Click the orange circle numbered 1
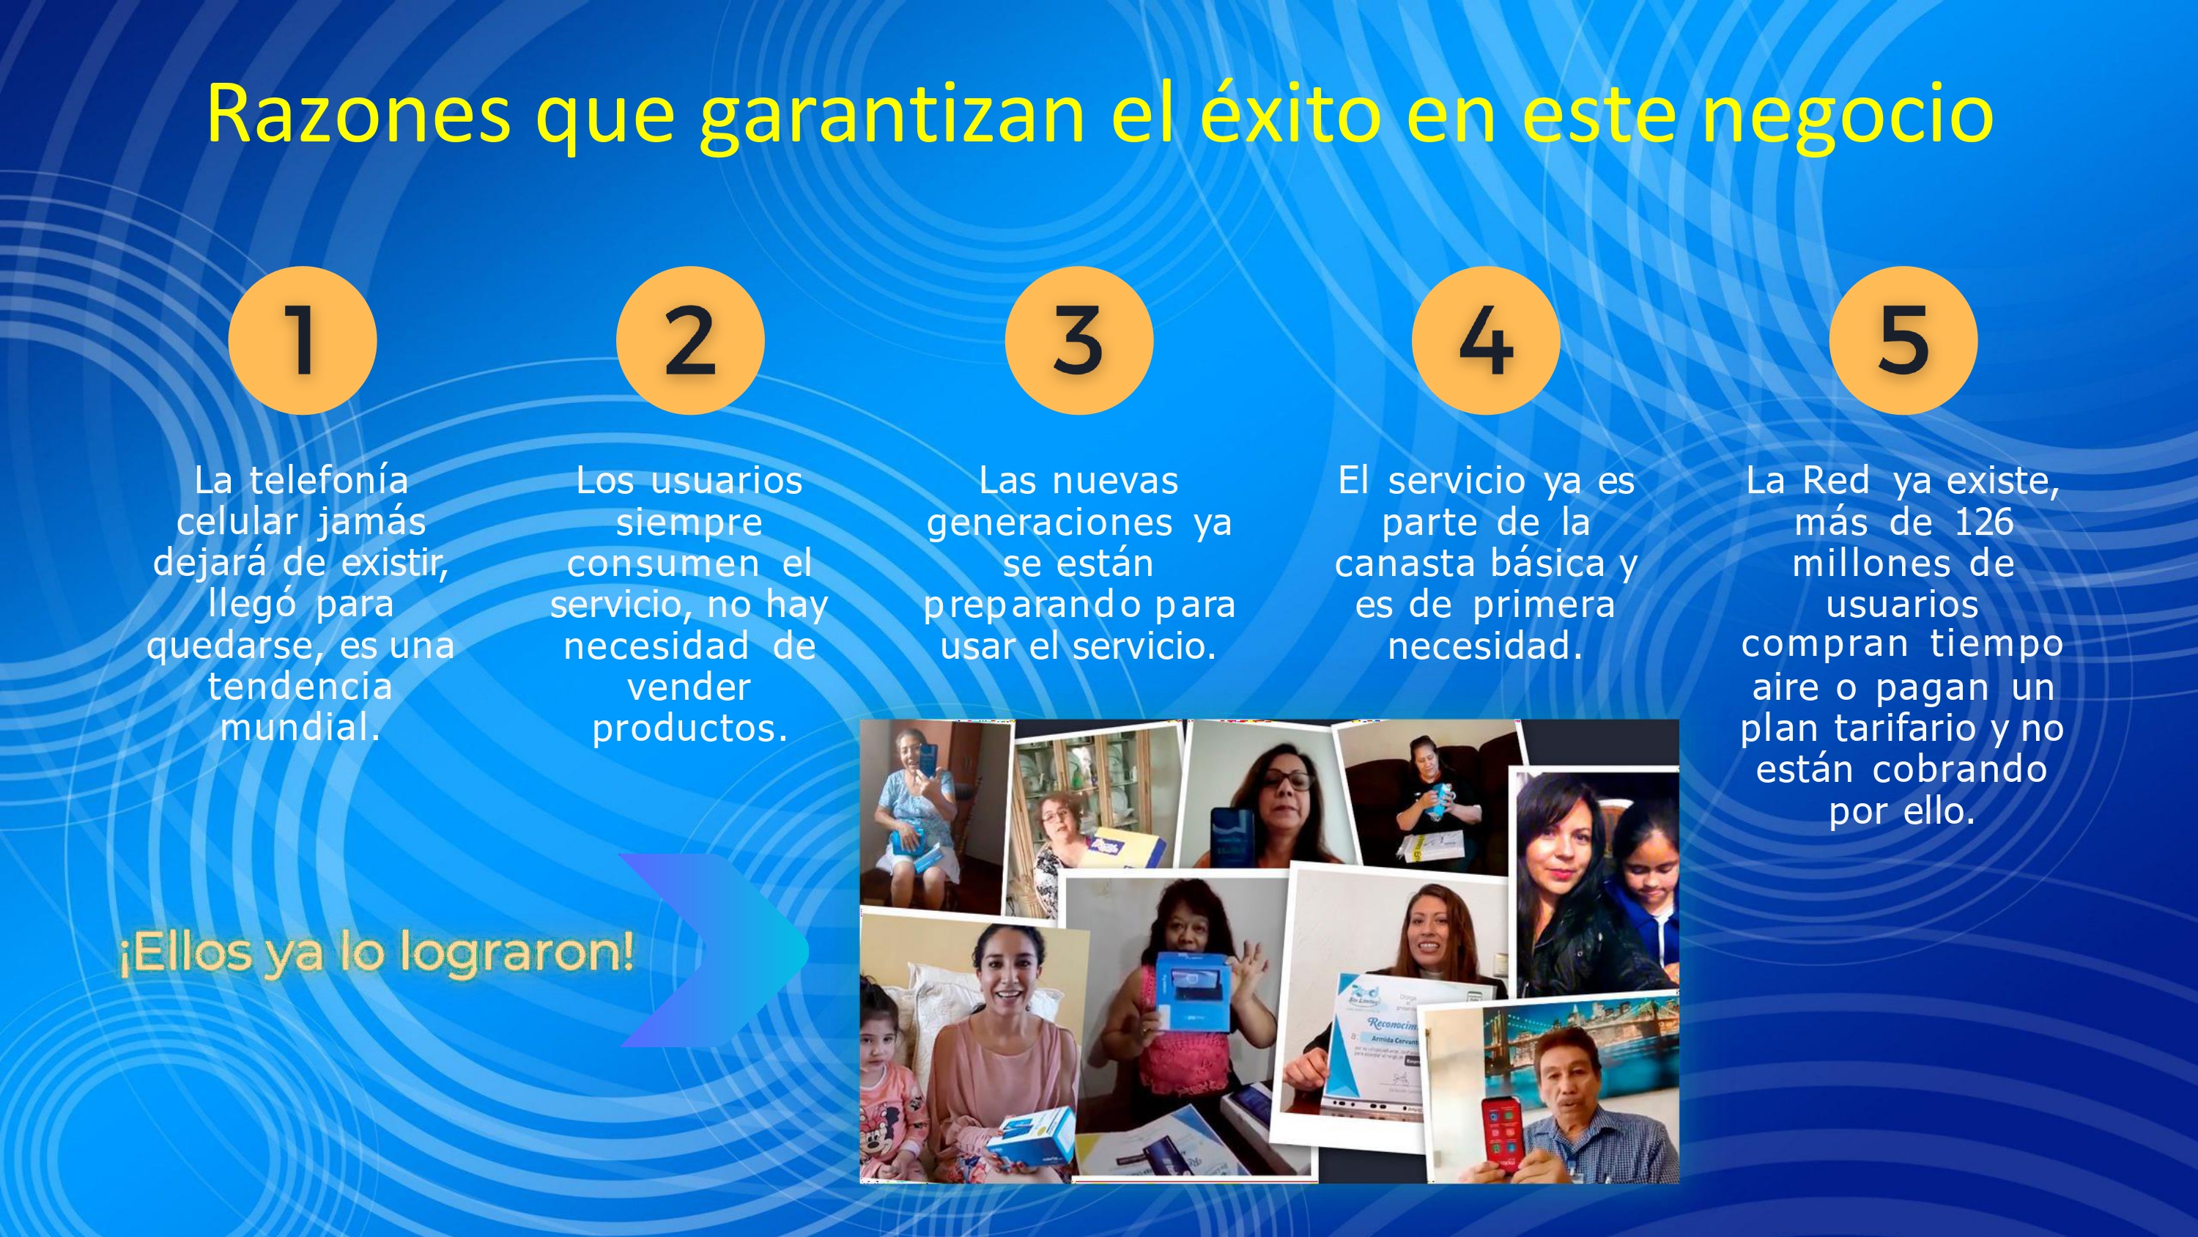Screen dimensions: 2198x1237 (x=302, y=340)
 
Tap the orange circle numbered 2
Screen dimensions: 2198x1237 (x=690, y=340)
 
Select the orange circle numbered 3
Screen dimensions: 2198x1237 (x=1079, y=340)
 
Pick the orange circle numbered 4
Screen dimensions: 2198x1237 (x=1487, y=340)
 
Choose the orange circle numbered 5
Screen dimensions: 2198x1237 (x=1903, y=340)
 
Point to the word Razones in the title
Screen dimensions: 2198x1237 (x=358, y=114)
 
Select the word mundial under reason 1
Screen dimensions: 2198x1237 (x=300, y=728)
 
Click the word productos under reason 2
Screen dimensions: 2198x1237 (x=689, y=728)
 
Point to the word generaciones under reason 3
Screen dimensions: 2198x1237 (x=1049, y=523)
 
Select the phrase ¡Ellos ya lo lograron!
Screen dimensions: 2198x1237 (x=377, y=953)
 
